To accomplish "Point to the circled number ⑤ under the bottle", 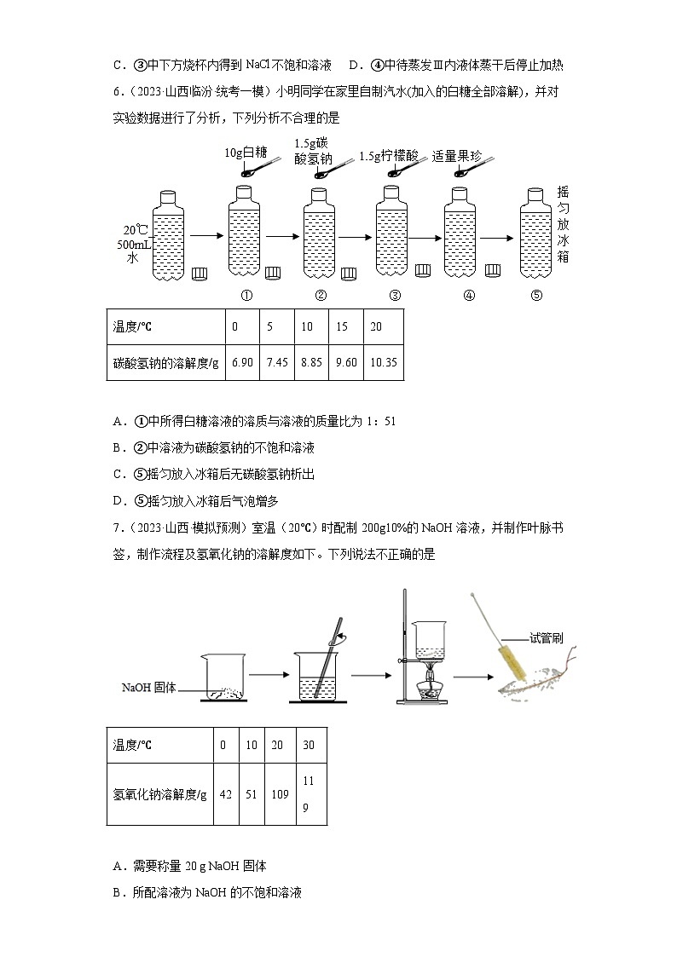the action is click(535, 296).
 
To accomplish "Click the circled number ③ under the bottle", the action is click(395, 296).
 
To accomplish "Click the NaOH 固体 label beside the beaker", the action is click(148, 688).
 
